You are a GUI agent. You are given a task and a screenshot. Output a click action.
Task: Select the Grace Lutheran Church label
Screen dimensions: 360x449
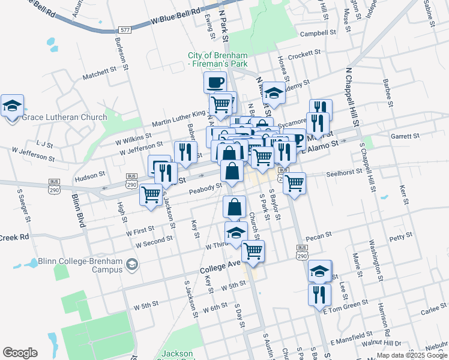(64, 118)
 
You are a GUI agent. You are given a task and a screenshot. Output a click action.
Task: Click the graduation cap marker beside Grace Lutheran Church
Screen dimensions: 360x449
(12, 106)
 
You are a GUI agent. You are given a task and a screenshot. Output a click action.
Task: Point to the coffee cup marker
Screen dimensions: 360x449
(215, 82)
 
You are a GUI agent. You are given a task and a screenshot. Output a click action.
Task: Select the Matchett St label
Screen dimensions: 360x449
(99, 73)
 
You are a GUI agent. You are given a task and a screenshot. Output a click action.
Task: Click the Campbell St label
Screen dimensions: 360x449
(318, 34)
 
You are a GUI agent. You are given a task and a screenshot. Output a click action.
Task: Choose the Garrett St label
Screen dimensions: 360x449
(400, 136)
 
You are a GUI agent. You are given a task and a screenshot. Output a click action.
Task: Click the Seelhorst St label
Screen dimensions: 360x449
(344, 173)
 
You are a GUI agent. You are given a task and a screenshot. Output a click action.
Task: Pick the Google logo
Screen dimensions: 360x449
(20, 353)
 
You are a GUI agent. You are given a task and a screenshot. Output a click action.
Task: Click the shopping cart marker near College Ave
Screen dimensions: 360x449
(253, 251)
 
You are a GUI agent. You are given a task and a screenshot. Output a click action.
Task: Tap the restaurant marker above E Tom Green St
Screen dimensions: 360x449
(319, 295)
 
